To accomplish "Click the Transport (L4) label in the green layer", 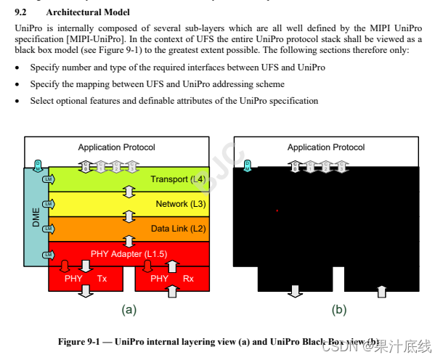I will (177, 179).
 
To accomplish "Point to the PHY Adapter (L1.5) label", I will (129, 253).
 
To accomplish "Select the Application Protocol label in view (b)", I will (326, 147).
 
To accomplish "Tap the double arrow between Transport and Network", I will (129, 192).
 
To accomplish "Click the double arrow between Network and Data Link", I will (129, 216).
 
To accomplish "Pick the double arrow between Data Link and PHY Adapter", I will (129, 241).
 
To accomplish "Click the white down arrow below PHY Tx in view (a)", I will (86, 291).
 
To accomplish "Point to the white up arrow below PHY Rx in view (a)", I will (172, 291).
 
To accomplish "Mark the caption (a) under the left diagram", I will (129, 310).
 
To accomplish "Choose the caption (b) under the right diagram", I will (338, 310).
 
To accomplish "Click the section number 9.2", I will (21, 12).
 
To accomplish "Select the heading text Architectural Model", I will (88, 12).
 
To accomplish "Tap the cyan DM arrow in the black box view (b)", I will (248, 166).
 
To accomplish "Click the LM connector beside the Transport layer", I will (48, 179).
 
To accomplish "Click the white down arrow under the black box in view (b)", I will (295, 291).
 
